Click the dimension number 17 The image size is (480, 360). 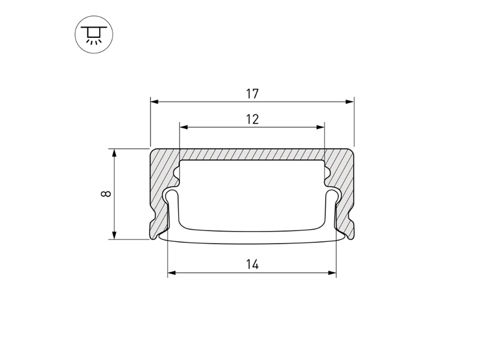(x=252, y=94)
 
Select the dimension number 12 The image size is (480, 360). (x=252, y=119)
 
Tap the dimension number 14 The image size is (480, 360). (x=252, y=264)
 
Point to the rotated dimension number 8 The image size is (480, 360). (x=106, y=194)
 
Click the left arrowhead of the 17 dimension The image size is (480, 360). (x=154, y=101)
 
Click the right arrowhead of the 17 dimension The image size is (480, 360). (x=350, y=101)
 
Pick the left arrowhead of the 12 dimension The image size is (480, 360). (x=184, y=127)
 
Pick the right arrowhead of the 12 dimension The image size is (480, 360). (x=320, y=127)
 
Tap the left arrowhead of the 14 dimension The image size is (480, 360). (x=172, y=272)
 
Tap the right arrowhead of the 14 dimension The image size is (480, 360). (x=332, y=272)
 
